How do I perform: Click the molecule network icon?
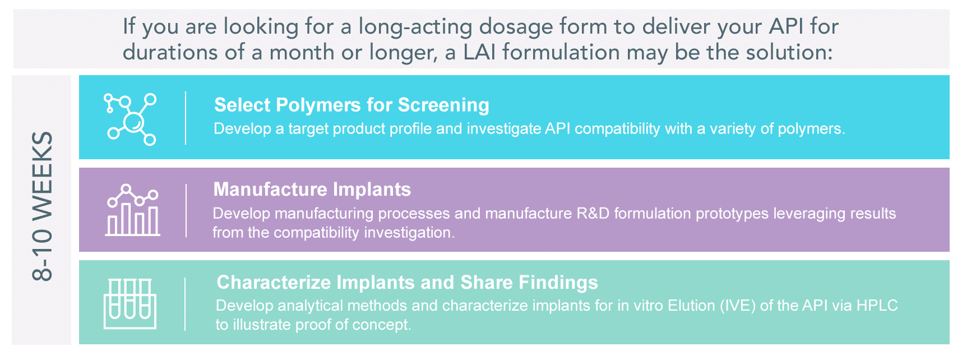pyautogui.click(x=130, y=119)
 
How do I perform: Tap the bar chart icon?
pyautogui.click(x=133, y=210)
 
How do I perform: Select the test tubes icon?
pyautogui.click(x=130, y=303)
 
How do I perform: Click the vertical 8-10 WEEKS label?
pyautogui.click(x=43, y=206)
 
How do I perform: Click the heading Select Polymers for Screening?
pyautogui.click(x=351, y=105)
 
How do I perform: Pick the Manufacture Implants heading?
pyautogui.click(x=312, y=189)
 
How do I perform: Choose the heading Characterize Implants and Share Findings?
pyautogui.click(x=407, y=282)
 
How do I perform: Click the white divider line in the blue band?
pyautogui.click(x=186, y=118)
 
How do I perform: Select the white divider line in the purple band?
pyautogui.click(x=186, y=210)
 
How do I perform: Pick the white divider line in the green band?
pyautogui.click(x=185, y=304)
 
